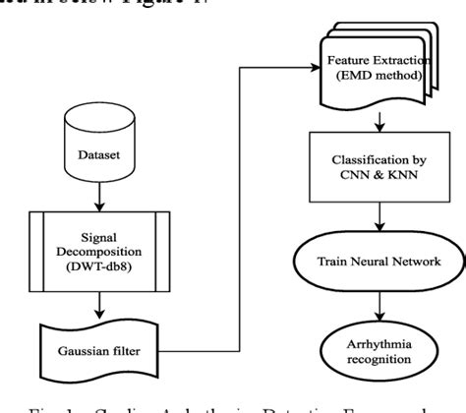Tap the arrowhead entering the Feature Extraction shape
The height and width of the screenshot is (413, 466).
pos(314,65)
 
